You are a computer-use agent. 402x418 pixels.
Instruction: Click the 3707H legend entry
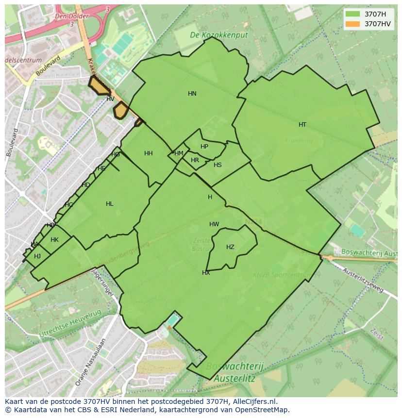tap(375, 14)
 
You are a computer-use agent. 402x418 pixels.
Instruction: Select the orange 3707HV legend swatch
tap(353, 24)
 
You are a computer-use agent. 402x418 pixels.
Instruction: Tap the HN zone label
tap(192, 94)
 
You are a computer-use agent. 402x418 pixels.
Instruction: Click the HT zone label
tap(302, 125)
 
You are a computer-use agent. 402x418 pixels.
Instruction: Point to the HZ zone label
tap(230, 247)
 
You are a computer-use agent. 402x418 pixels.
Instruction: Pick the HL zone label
tap(110, 204)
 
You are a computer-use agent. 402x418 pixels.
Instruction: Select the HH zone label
tap(149, 153)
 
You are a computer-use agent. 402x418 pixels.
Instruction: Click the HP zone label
tap(204, 147)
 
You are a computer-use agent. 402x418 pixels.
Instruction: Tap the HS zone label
tap(218, 165)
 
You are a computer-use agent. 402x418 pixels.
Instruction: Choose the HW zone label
tap(214, 224)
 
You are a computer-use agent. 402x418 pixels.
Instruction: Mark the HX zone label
tap(206, 273)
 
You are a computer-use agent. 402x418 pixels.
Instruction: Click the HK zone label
tap(54, 240)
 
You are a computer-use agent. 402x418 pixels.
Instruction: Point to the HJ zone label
tap(37, 256)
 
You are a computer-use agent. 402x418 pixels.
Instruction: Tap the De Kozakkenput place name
tap(218, 35)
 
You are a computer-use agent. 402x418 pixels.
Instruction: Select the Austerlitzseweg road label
tap(363, 280)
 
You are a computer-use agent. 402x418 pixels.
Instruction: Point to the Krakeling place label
tap(299, 141)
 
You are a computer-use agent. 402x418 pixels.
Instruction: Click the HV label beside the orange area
tap(110, 99)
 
